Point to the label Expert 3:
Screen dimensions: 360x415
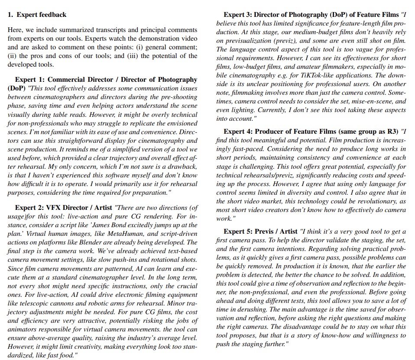[x=239, y=15]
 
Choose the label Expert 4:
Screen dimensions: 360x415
[x=239, y=131]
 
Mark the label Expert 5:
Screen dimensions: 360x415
[x=239, y=231]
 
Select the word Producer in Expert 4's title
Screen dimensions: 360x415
[x=271, y=131]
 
